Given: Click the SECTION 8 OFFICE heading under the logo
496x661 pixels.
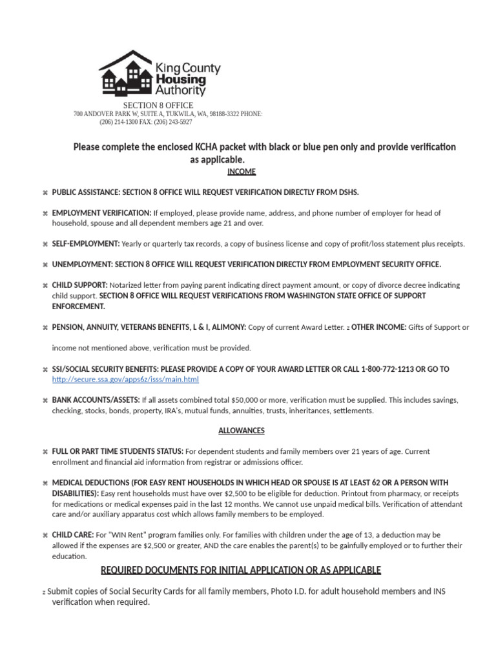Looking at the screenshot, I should pyautogui.click(x=158, y=105).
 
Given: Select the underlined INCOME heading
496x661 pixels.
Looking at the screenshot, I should pyautogui.click(x=242, y=172).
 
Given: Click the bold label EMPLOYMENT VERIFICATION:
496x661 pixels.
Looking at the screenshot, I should pyautogui.click(x=101, y=213).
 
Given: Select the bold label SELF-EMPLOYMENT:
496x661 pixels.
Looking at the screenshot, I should pyautogui.click(x=86, y=244).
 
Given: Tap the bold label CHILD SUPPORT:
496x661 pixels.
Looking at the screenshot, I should pyautogui.click(x=80, y=285).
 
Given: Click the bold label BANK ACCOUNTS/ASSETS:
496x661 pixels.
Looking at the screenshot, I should pyautogui.click(x=96, y=400).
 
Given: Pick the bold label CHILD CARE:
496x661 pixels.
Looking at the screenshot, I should pyautogui.click(x=72, y=535).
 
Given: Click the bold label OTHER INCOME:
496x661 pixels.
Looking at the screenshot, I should pyautogui.click(x=378, y=327).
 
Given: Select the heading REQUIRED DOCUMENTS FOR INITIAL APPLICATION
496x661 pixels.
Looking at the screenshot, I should pyautogui.click(x=241, y=570).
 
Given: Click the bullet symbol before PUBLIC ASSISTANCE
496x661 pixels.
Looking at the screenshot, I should pyautogui.click(x=45, y=193).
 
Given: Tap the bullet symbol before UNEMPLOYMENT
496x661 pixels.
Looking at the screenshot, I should pyautogui.click(x=45, y=265).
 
